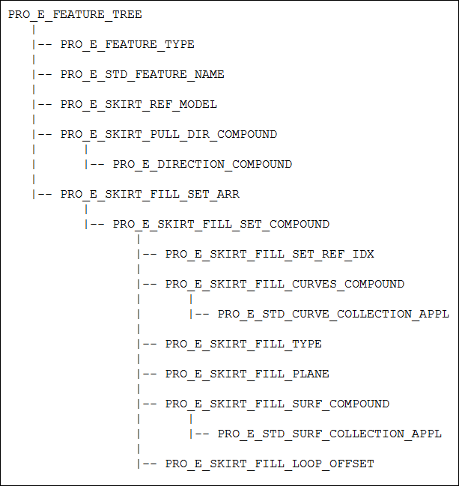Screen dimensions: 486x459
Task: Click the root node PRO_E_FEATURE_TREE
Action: pyautogui.click(x=75, y=15)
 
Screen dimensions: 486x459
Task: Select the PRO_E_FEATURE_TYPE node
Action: pyautogui.click(x=127, y=45)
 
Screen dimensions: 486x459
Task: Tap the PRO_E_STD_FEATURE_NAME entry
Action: pyautogui.click(x=142, y=75)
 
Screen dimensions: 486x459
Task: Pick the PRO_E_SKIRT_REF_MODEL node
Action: pyautogui.click(x=139, y=105)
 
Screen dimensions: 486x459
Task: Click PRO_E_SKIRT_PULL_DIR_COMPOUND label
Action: pyautogui.click(x=168, y=135)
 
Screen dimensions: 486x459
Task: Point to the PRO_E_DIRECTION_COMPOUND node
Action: pyautogui.click(x=202, y=165)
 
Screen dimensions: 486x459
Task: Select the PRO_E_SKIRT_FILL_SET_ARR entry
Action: pyautogui.click(x=150, y=195)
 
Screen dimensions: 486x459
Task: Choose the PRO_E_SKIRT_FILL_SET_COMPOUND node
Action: pyautogui.click(x=221, y=225)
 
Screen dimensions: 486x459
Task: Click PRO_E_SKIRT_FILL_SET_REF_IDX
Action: pyautogui.click(x=270, y=255)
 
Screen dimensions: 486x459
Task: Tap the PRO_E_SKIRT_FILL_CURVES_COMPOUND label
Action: pyautogui.click(x=285, y=285)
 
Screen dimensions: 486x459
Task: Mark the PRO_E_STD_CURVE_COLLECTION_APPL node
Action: pyautogui.click(x=333, y=315)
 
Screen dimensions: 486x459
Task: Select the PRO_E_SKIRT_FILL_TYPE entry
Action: pyautogui.click(x=243, y=344)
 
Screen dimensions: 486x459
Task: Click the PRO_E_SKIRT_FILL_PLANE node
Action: pyautogui.click(x=247, y=374)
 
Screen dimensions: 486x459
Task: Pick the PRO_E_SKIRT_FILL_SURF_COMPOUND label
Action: pyautogui.click(x=277, y=404)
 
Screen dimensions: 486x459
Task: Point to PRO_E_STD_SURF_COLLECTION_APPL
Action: pyautogui.click(x=329, y=434)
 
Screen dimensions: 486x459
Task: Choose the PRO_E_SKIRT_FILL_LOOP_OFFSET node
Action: pyautogui.click(x=270, y=464)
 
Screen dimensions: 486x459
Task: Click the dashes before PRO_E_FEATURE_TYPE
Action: pyautogui.click(x=45, y=45)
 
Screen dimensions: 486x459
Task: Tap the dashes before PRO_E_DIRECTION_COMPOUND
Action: pyautogui.click(x=97, y=165)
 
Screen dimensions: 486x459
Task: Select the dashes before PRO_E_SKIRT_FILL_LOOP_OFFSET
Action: pyautogui.click(x=150, y=464)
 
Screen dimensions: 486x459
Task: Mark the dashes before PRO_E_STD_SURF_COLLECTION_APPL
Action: pyautogui.click(x=202, y=434)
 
